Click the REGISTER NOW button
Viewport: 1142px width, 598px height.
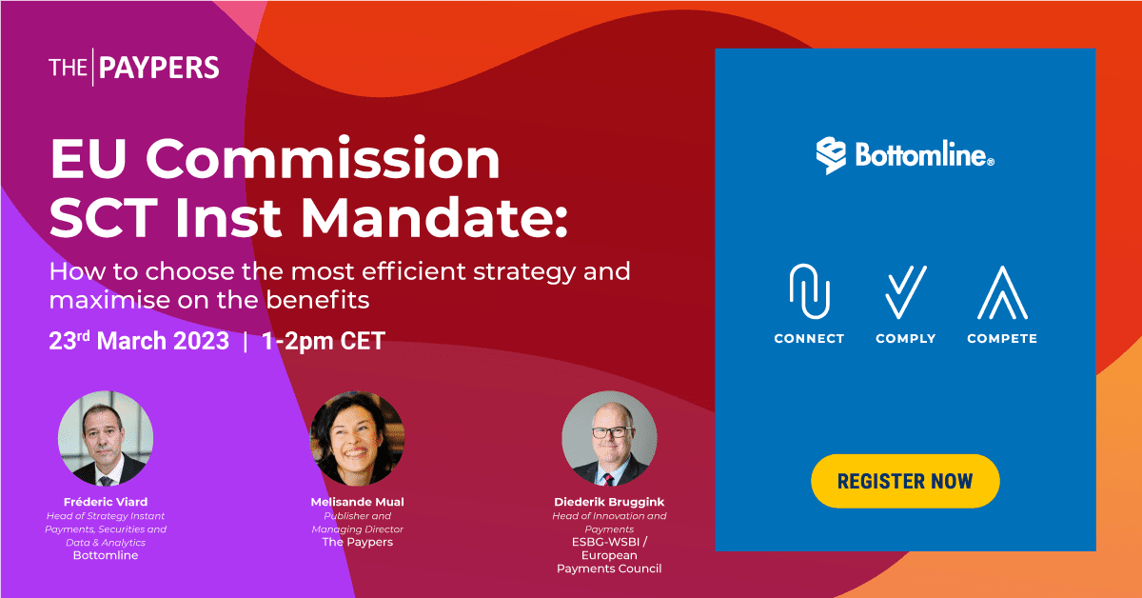click(905, 481)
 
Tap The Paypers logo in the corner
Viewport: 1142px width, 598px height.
click(134, 68)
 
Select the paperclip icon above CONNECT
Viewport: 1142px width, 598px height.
click(809, 291)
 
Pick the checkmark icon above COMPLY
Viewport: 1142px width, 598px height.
click(905, 291)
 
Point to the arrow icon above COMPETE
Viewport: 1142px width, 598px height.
click(1002, 291)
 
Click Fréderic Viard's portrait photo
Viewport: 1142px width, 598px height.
click(106, 438)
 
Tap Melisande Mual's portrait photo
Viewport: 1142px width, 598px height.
click(357, 438)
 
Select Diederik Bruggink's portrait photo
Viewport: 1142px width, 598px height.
click(609, 438)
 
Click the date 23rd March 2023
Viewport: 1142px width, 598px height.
click(139, 342)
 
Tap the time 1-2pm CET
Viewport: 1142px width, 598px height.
click(323, 342)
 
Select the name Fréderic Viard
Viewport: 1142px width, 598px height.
click(106, 502)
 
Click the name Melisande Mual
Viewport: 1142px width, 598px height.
click(357, 502)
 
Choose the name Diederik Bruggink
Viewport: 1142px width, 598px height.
click(609, 502)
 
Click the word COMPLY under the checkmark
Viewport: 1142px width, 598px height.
click(905, 339)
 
